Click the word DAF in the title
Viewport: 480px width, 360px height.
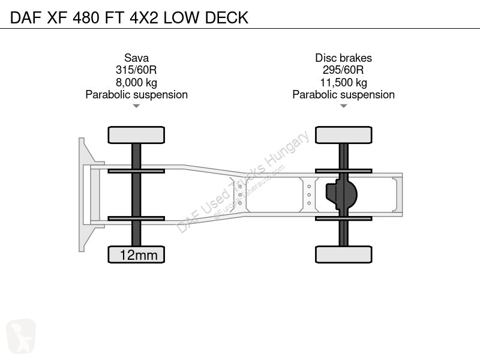[26, 17]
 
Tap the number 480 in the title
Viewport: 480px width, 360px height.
[86, 17]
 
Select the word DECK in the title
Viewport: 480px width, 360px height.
[227, 17]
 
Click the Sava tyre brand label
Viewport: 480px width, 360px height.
[137, 58]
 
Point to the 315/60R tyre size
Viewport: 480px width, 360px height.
[136, 70]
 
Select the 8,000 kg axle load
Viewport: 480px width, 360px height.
[137, 82]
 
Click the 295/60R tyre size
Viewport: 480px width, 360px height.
[343, 70]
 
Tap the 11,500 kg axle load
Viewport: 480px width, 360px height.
[343, 82]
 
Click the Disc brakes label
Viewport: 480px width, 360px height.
[343, 58]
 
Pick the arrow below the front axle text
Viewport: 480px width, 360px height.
[136, 106]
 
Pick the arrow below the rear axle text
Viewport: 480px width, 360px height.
[343, 106]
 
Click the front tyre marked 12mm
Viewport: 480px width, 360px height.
[136, 254]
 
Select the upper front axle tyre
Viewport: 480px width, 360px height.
[136, 135]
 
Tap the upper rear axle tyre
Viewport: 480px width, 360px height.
[344, 135]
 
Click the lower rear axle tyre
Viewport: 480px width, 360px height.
[344, 254]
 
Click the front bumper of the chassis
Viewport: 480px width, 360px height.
[86, 194]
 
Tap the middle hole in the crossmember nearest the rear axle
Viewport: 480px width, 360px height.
[309, 194]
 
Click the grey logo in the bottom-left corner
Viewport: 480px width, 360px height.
[21, 336]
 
